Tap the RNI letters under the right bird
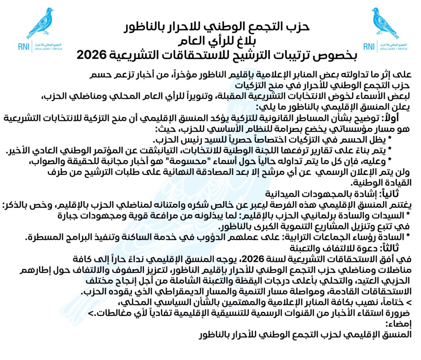click(x=369, y=46)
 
